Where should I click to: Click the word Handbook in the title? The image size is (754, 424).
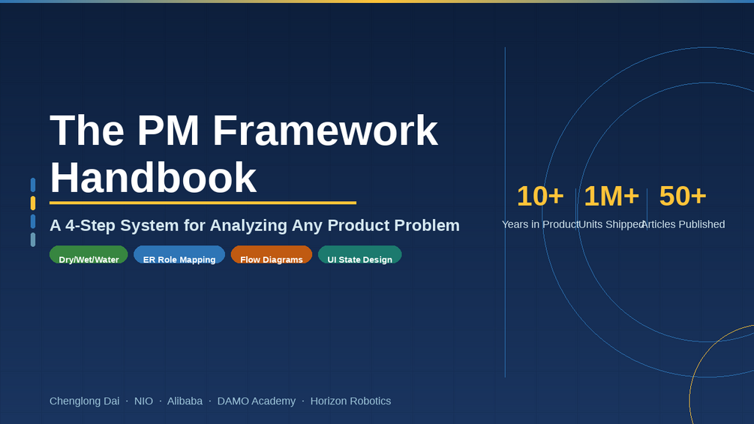[x=153, y=178]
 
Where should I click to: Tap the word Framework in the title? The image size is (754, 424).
[x=325, y=131]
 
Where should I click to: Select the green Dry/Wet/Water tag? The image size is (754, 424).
[x=89, y=255]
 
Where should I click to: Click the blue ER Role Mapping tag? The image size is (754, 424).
[x=179, y=255]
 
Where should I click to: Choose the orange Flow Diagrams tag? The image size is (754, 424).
[x=271, y=255]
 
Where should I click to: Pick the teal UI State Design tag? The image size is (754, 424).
[x=359, y=255]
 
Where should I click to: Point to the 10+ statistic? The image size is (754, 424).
[x=540, y=196]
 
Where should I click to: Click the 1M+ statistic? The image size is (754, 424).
[x=611, y=196]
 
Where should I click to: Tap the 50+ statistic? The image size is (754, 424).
[x=683, y=196]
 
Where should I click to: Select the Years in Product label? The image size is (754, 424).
[x=540, y=224]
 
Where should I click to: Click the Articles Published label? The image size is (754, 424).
[x=683, y=224]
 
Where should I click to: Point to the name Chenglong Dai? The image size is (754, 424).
[x=84, y=401]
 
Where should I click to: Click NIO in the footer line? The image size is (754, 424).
[x=143, y=401]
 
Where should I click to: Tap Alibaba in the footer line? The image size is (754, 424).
[x=185, y=401]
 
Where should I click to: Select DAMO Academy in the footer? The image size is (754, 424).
[x=257, y=401]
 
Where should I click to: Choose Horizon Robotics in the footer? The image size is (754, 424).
[x=350, y=401]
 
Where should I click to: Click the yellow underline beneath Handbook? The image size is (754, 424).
[x=203, y=203]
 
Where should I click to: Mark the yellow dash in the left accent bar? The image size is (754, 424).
[x=33, y=203]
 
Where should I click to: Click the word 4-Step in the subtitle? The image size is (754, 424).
[x=90, y=225]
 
